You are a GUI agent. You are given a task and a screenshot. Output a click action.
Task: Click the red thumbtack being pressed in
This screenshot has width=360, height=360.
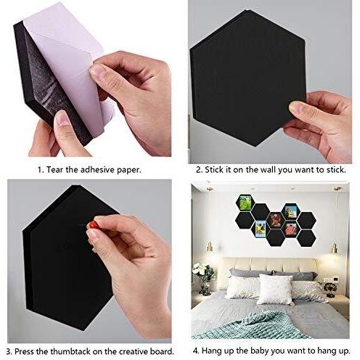coord(92,225)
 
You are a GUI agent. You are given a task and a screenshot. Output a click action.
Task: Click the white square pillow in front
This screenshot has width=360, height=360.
coord(275,290)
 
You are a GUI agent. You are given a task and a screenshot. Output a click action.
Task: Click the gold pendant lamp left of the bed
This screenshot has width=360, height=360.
coord(210,247)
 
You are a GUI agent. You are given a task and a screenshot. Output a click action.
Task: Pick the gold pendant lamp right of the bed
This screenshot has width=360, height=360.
coord(334,248)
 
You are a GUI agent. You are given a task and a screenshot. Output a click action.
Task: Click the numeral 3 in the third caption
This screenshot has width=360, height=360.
coord(9,351)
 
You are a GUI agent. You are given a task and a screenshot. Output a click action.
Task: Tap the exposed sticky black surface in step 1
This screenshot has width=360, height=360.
coord(46,80)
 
